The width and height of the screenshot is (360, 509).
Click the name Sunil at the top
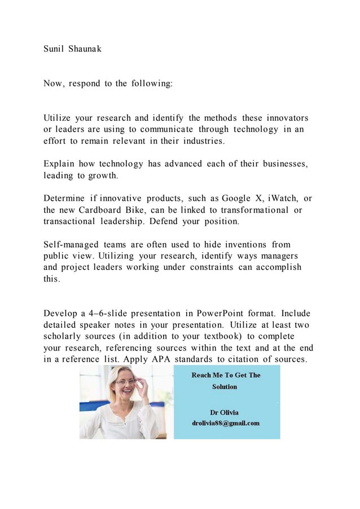(54, 49)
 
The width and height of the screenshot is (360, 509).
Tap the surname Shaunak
(85, 49)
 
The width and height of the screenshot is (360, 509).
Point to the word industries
(200, 141)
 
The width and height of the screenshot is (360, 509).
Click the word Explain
(59, 164)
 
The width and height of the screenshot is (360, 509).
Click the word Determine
(64, 199)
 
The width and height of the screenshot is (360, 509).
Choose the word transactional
(69, 221)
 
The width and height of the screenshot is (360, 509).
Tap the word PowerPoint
(228, 313)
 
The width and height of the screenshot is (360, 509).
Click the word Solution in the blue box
(225, 387)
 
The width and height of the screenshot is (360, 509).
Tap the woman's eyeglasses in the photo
(125, 381)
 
